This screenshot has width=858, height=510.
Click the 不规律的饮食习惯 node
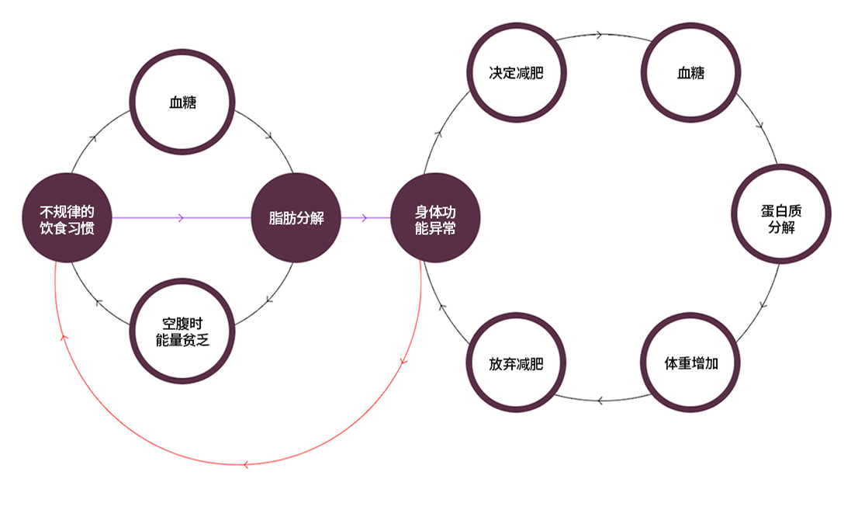[67, 218]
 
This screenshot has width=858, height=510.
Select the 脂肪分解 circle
[296, 218]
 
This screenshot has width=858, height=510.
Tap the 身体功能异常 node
[435, 218]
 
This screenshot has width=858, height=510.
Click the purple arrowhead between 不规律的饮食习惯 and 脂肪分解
[181, 218]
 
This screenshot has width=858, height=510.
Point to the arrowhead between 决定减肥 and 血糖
[599, 35]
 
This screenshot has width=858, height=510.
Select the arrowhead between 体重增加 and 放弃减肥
[600, 401]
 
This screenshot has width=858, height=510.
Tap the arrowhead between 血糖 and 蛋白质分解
[760, 127]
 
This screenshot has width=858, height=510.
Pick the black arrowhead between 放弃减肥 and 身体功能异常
[442, 307]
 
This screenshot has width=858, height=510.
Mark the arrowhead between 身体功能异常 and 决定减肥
[438, 133]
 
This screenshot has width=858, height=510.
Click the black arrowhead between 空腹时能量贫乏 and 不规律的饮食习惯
[99, 303]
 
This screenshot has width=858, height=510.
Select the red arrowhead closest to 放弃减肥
[404, 362]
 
